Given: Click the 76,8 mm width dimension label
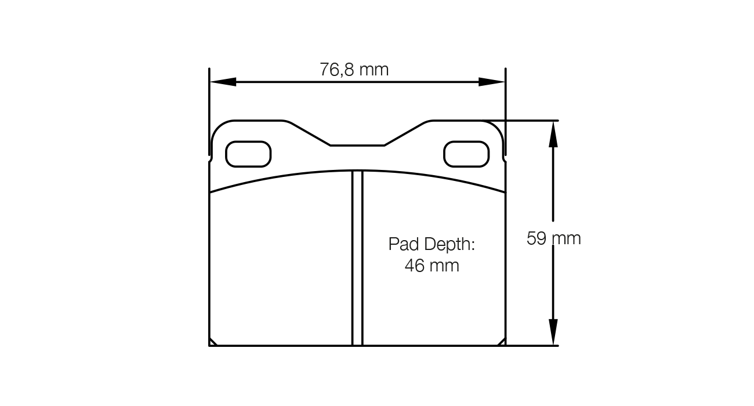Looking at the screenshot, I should click(354, 70).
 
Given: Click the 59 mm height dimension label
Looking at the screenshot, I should click(553, 238).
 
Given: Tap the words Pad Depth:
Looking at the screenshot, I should click(432, 244).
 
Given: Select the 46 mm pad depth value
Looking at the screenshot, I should click(432, 266).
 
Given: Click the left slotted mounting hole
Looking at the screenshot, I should click(248, 154).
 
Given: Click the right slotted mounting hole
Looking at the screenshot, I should click(466, 154).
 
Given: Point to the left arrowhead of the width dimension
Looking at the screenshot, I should click(223, 82).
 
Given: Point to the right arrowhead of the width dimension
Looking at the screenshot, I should click(492, 82).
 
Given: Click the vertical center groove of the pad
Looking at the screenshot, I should click(357, 258).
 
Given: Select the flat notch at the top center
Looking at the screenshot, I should click(357, 145).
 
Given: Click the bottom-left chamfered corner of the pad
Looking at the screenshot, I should click(213, 342).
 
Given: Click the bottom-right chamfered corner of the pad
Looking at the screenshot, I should click(502, 342).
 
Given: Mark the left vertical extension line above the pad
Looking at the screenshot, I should click(209, 110).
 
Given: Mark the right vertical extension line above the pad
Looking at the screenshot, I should click(506, 110).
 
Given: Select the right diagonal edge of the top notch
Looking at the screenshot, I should click(406, 133).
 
